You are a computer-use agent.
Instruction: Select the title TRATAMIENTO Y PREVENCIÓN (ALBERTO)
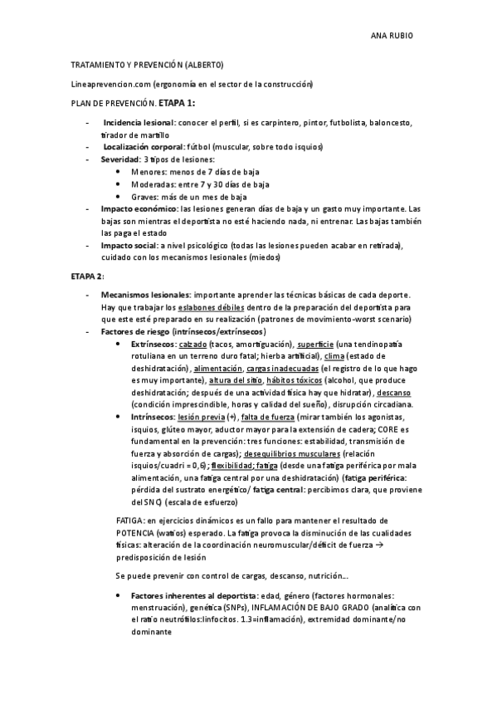point(147,66)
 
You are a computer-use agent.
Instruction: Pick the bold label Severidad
point(120,159)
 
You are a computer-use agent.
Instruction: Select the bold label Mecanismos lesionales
point(144,295)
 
